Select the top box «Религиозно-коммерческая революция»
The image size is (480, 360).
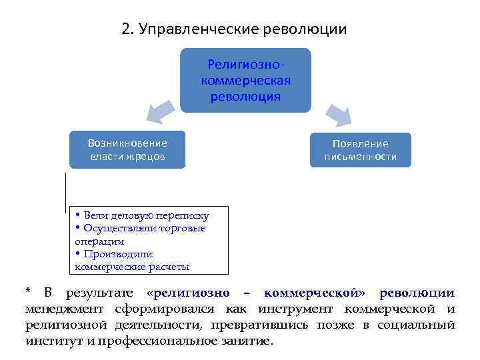point(245,80)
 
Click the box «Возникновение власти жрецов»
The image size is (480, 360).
point(127,150)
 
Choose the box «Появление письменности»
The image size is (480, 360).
point(361,151)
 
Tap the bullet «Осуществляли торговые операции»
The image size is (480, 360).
point(140,235)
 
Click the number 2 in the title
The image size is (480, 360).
point(127,29)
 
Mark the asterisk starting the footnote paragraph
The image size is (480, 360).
point(28,292)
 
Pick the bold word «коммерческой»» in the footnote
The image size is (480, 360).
point(316,293)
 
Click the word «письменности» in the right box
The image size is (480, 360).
point(361,157)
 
